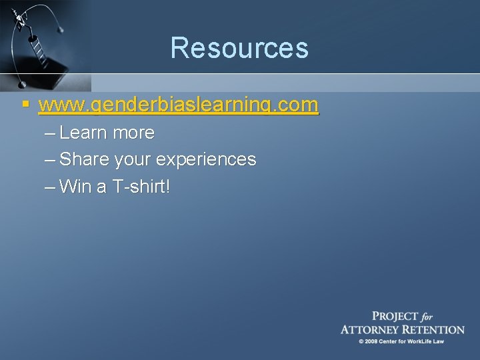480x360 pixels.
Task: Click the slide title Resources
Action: pyautogui.click(x=239, y=48)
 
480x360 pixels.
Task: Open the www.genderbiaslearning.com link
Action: pyautogui.click(x=179, y=106)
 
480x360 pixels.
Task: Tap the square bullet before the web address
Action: pyautogui.click(x=25, y=105)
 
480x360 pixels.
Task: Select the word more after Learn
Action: pyautogui.click(x=134, y=133)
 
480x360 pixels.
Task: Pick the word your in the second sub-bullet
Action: pyautogui.click(x=131, y=161)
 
